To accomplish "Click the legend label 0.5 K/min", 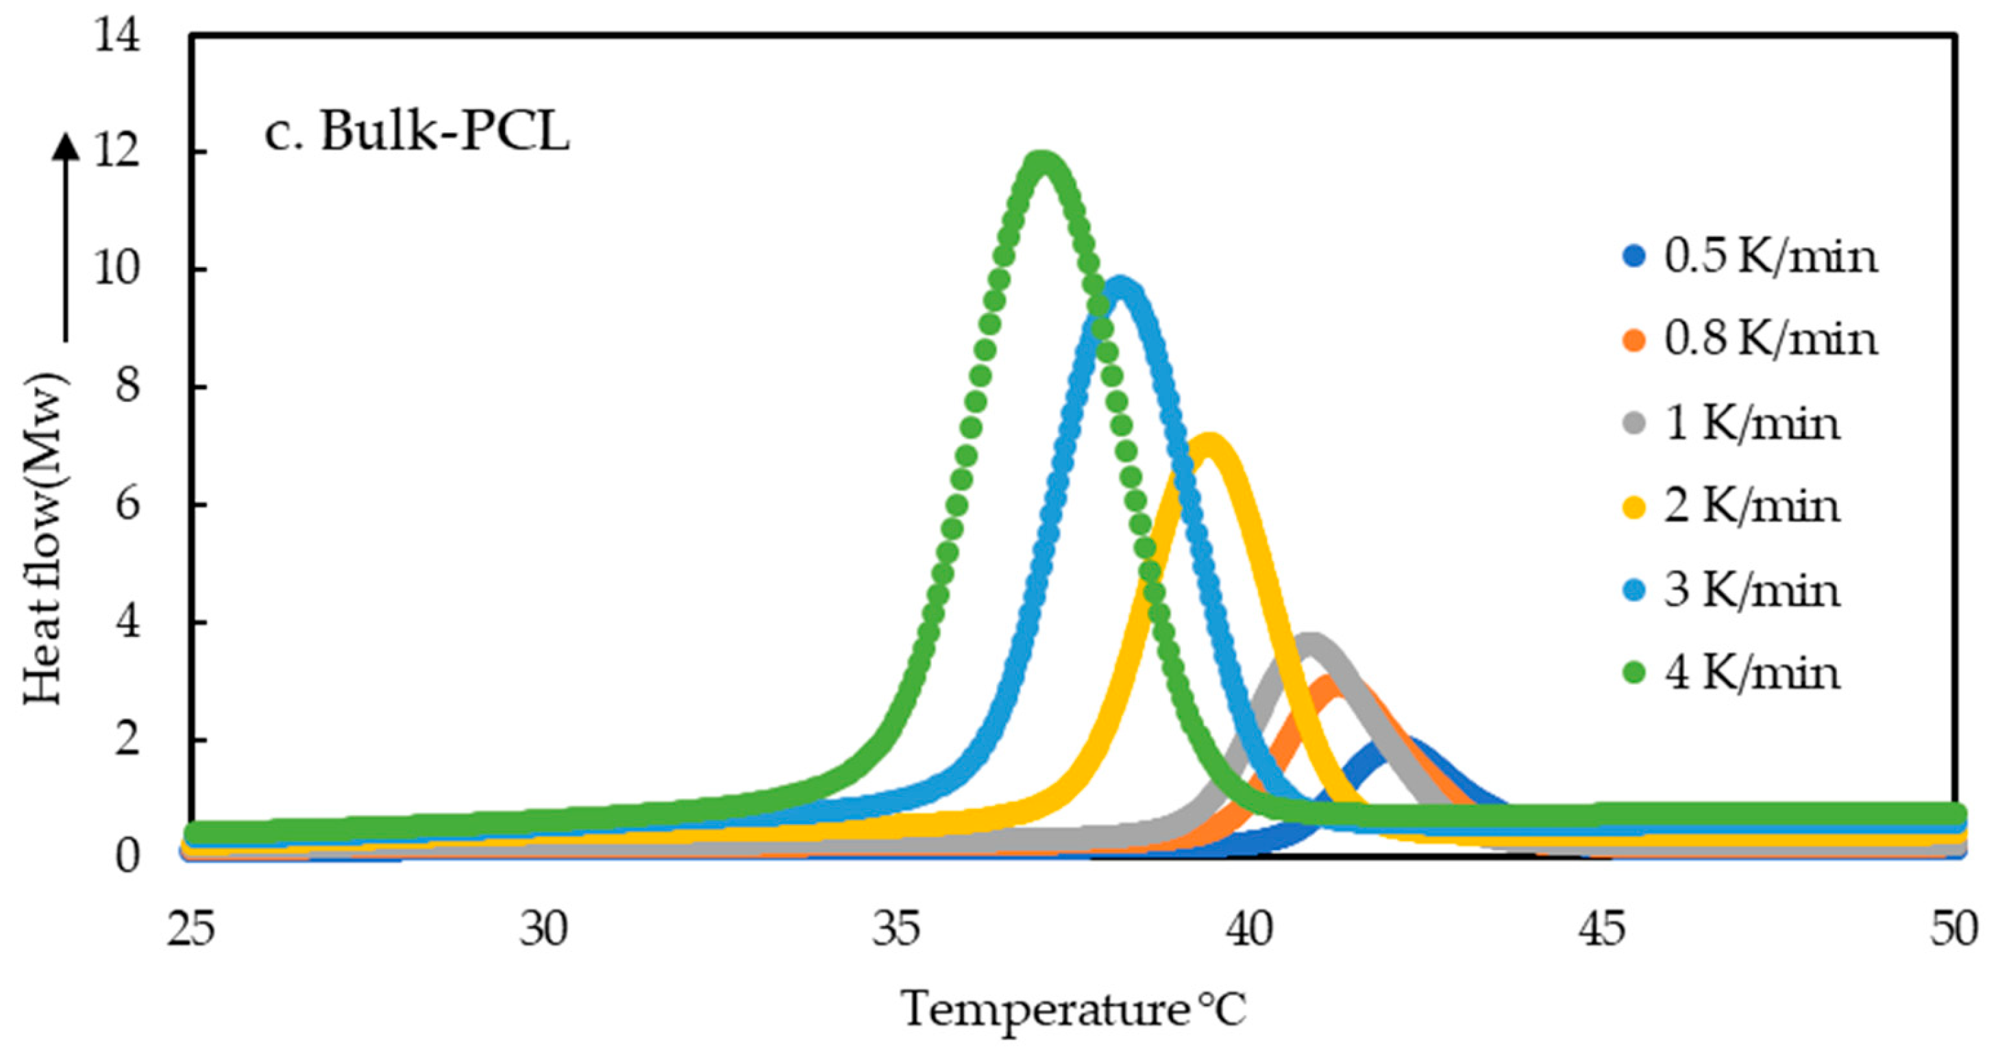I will click(1770, 256).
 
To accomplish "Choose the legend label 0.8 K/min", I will click(1770, 340).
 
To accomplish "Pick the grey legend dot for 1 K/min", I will click(1634, 424).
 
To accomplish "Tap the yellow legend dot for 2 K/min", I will click(1634, 507).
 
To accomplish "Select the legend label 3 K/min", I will click(1751, 591).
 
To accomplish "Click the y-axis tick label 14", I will click(117, 36).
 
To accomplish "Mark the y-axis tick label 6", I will click(127, 505).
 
